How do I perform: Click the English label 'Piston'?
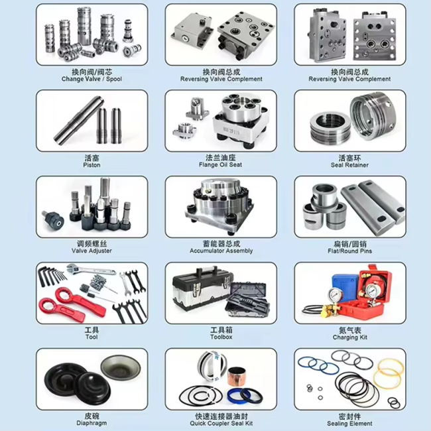(x=92, y=165)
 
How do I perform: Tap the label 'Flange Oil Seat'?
(x=220, y=164)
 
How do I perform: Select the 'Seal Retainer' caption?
(x=349, y=165)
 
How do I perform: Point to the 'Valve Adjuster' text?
(x=92, y=251)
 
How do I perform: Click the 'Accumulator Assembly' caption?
(x=221, y=251)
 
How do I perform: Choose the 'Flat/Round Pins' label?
(x=349, y=251)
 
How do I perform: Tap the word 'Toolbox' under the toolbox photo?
(x=221, y=337)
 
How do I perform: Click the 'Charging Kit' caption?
(x=350, y=338)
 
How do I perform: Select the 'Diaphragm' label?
(x=92, y=423)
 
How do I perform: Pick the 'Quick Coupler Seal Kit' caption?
(x=221, y=423)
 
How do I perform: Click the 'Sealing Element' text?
(x=349, y=423)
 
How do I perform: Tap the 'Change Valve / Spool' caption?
(x=92, y=79)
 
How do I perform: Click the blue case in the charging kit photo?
(x=345, y=285)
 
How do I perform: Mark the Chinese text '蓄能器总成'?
(x=221, y=243)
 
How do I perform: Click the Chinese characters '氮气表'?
(x=350, y=330)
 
